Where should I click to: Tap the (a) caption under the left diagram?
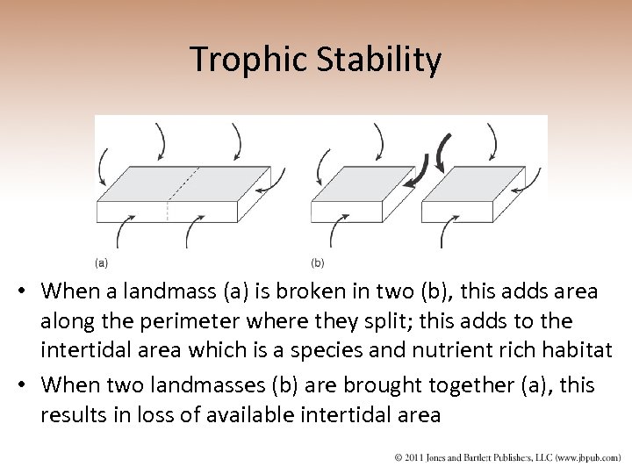coord(102,262)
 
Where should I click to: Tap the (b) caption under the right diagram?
coord(318,262)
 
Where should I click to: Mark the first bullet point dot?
coord(27,291)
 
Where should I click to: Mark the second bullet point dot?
coord(27,385)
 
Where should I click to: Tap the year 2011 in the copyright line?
coord(419,456)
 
